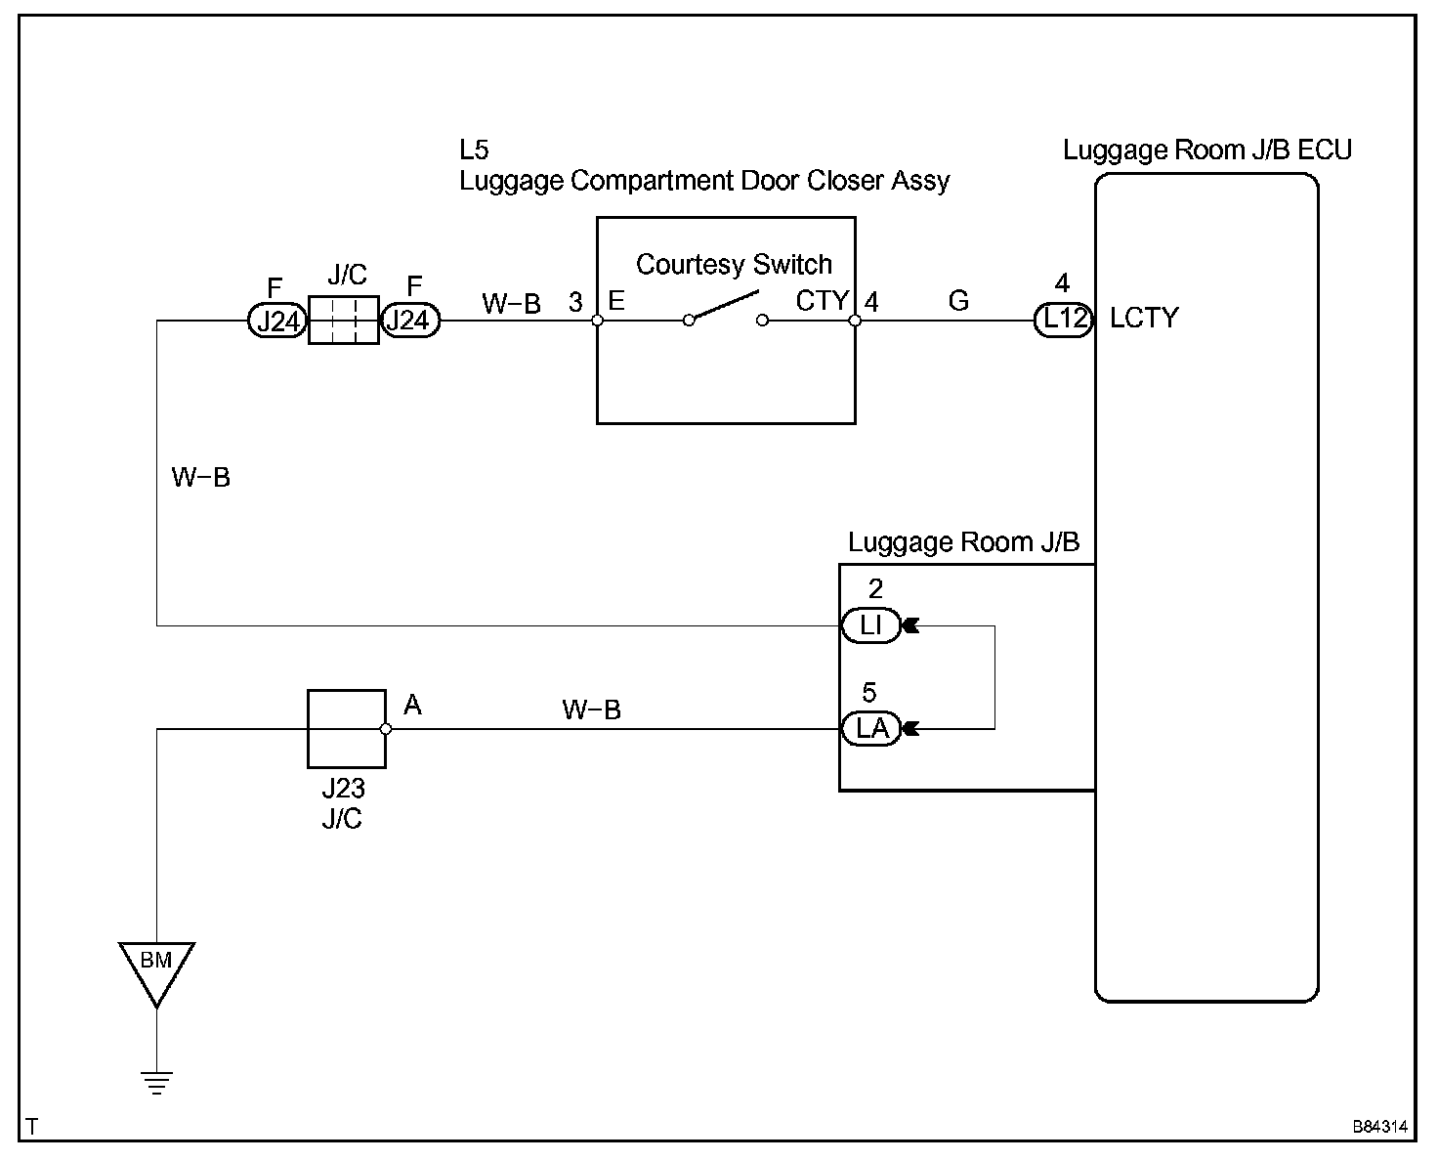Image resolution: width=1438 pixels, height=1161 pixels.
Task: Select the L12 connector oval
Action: pyautogui.click(x=1063, y=320)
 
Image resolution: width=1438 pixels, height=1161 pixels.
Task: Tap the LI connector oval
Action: pyautogui.click(x=870, y=625)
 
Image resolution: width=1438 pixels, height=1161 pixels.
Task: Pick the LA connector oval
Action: pyautogui.click(x=870, y=728)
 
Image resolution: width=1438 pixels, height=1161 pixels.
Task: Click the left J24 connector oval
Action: pyautogui.click(x=277, y=321)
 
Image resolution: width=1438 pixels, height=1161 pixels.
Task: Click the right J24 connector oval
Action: pyautogui.click(x=409, y=321)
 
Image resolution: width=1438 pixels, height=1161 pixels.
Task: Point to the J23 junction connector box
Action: pyautogui.click(x=347, y=729)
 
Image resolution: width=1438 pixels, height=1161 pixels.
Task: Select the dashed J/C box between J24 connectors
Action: pyautogui.click(x=344, y=321)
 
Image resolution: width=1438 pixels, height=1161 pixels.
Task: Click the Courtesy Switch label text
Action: pyautogui.click(x=734, y=265)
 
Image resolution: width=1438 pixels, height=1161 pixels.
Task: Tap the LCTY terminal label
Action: pyautogui.click(x=1144, y=319)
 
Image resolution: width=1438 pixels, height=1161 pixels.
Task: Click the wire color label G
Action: pyautogui.click(x=958, y=301)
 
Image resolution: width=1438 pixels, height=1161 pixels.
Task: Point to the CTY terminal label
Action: pyautogui.click(x=822, y=301)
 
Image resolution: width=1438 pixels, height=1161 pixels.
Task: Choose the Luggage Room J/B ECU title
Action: pyautogui.click(x=1207, y=150)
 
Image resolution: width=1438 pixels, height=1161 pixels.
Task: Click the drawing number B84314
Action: pyautogui.click(x=1379, y=1127)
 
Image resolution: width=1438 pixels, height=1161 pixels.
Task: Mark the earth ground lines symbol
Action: pyautogui.click(x=156, y=1083)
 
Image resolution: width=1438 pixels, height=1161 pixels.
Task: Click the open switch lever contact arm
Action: pyautogui.click(x=724, y=305)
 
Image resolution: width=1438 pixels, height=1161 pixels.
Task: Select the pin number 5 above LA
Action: pyautogui.click(x=869, y=692)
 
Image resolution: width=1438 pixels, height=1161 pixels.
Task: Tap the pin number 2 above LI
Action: pyautogui.click(x=875, y=589)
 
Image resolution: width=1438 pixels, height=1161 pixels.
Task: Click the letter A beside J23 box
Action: pyautogui.click(x=412, y=706)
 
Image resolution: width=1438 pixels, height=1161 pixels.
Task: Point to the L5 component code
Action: pyautogui.click(x=474, y=150)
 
